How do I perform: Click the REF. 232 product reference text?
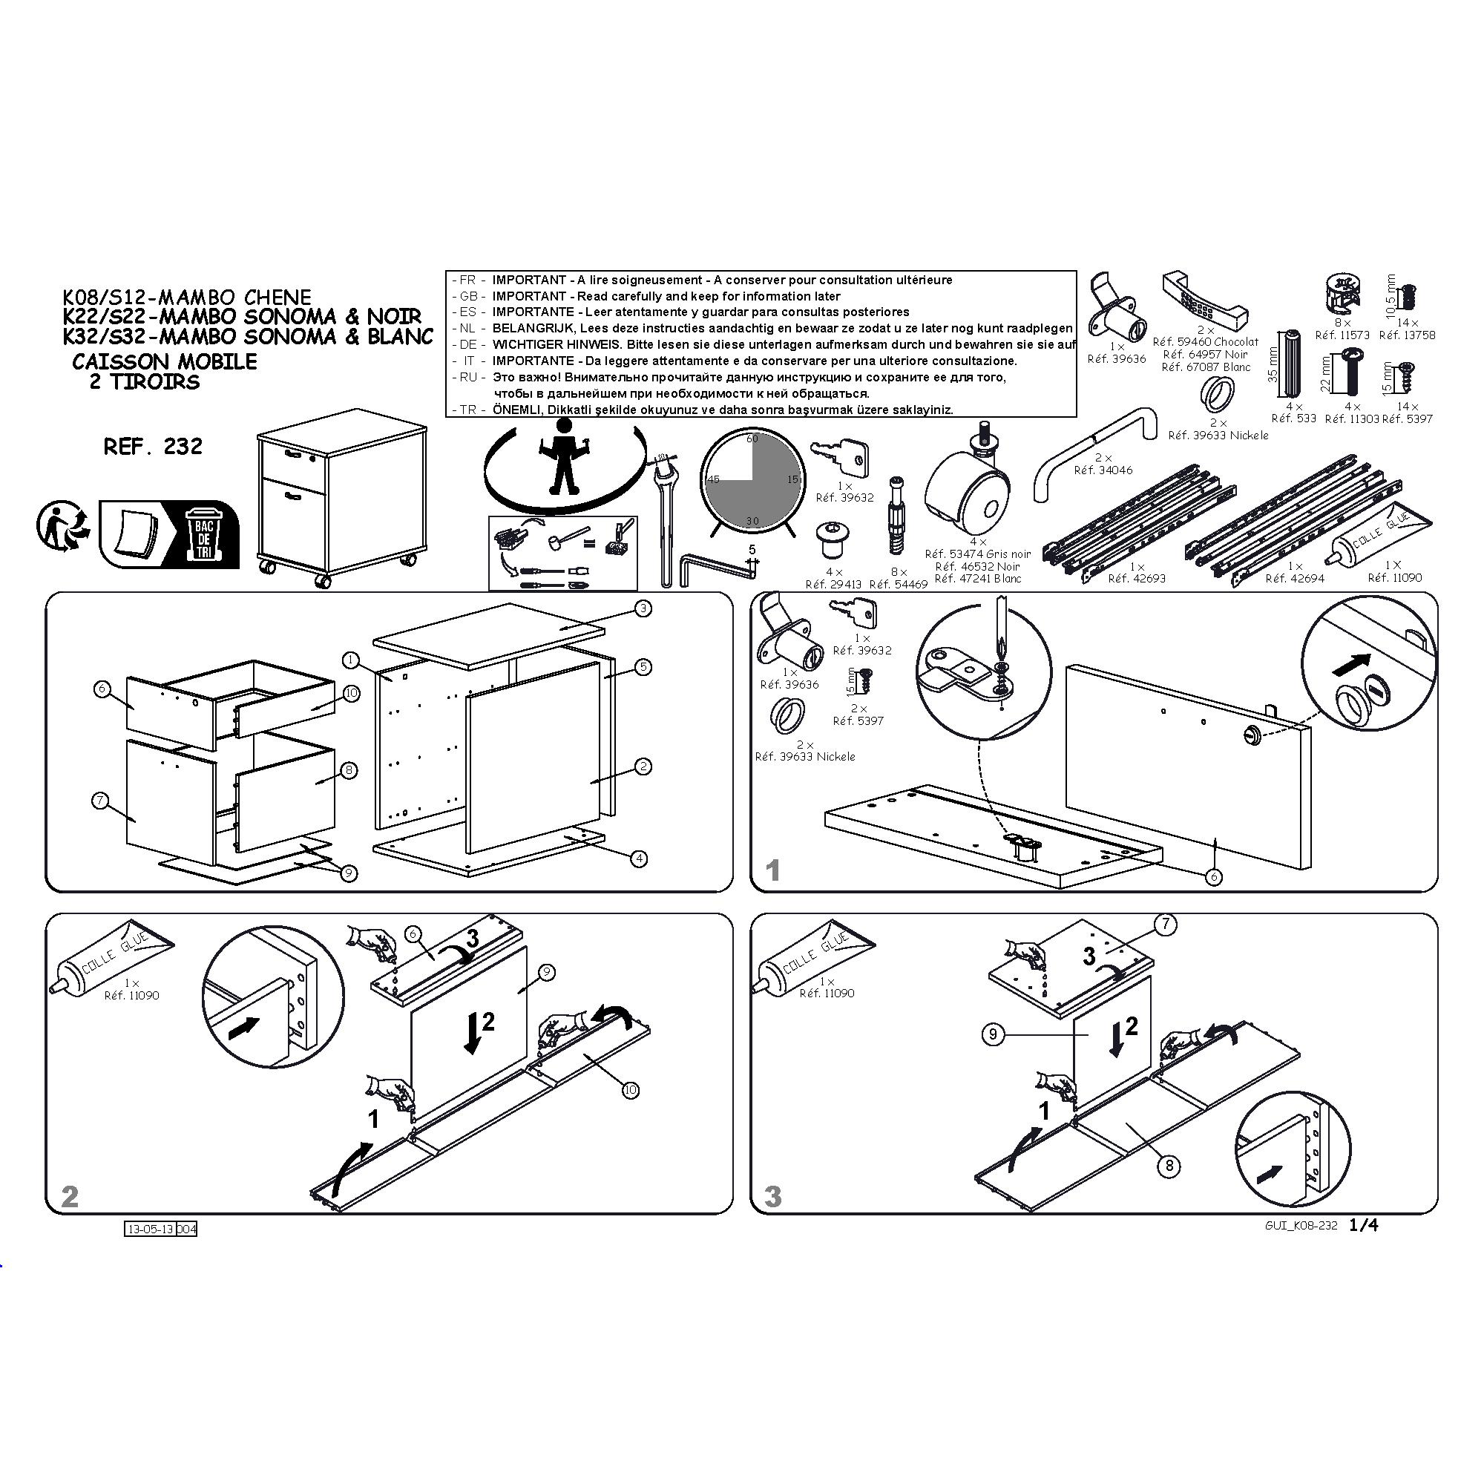click(153, 446)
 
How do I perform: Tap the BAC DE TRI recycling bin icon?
click(203, 534)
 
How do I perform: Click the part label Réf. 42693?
click(1137, 579)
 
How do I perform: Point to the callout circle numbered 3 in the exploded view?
click(643, 608)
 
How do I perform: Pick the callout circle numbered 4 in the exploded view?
click(639, 858)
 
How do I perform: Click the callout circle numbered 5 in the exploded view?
click(643, 667)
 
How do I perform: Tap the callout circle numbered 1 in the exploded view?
click(351, 660)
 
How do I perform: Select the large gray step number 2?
click(70, 1196)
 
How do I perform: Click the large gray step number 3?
click(772, 1196)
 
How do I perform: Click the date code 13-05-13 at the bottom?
click(151, 1229)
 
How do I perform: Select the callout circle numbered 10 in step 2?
click(630, 1089)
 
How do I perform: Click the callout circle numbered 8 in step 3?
click(1169, 1166)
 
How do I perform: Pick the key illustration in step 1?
click(853, 612)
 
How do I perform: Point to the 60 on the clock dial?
click(752, 439)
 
